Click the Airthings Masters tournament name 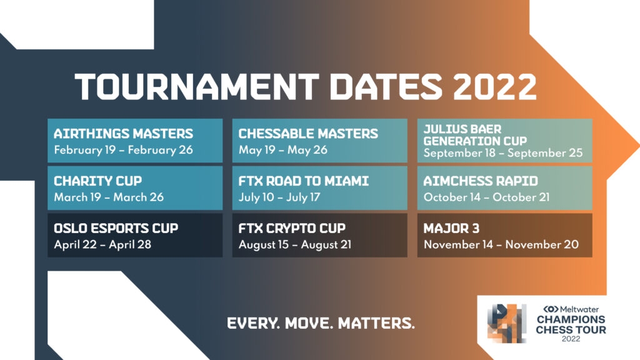(123, 134)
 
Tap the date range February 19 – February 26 (123, 150)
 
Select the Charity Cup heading (98, 181)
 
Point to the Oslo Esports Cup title (116, 228)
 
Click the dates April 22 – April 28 (102, 244)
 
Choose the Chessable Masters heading (308, 134)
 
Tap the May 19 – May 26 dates (283, 150)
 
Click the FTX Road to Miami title (304, 181)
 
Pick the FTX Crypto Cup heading (292, 228)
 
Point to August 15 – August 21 (295, 244)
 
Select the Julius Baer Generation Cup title (475, 135)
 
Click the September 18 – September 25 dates (503, 153)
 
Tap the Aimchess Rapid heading (481, 181)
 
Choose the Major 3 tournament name (451, 228)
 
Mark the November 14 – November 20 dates (501, 244)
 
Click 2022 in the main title (495, 86)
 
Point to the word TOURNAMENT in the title (197, 86)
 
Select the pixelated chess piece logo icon (507, 323)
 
